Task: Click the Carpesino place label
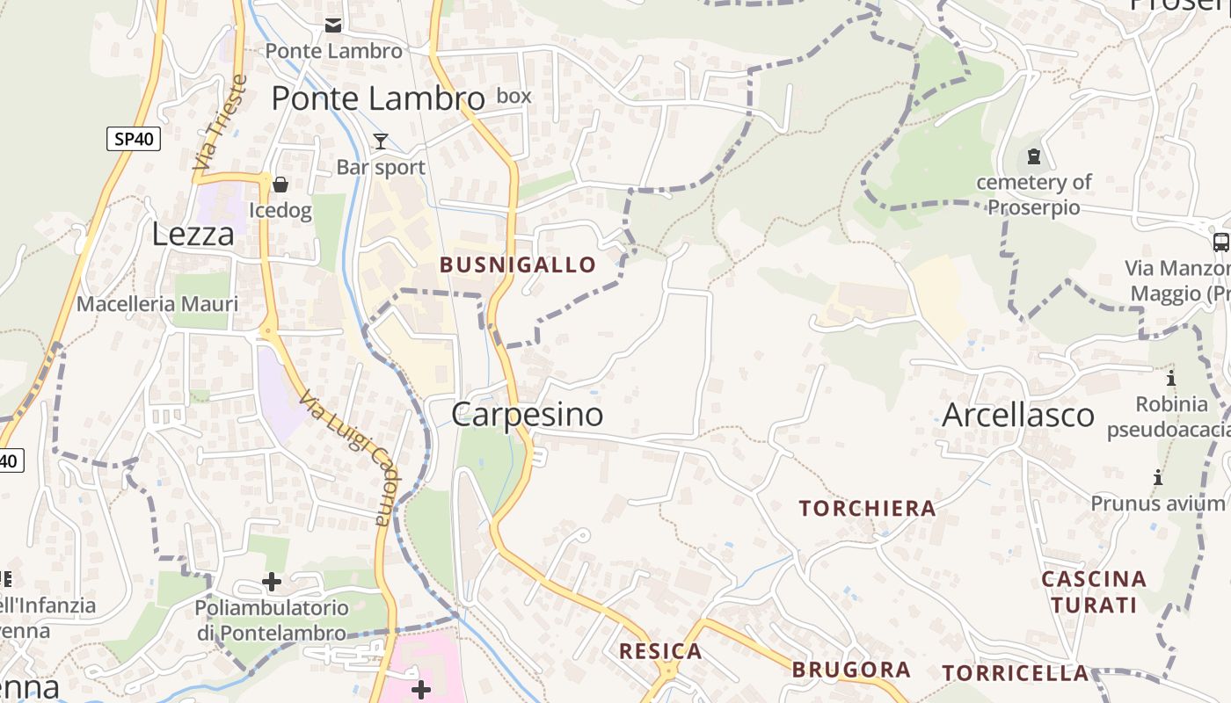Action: [528, 415]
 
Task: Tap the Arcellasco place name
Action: [1018, 415]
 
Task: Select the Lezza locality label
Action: [193, 234]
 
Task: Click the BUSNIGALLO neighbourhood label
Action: [518, 265]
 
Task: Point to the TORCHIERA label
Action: [867, 508]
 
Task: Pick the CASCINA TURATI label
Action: [1094, 591]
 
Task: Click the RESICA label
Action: [660, 651]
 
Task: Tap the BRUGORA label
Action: [851, 670]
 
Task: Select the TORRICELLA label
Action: [1016, 673]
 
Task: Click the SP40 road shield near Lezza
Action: [134, 138]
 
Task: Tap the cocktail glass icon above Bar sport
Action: [381, 141]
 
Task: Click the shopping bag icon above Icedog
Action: [280, 185]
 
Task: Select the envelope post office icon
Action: [333, 25]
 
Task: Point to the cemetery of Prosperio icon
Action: [1034, 157]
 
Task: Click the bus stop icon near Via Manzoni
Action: [1220, 243]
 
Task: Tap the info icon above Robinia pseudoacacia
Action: [1171, 379]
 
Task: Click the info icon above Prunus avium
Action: [1158, 478]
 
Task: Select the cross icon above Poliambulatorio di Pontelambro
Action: [272, 582]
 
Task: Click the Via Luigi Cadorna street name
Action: [345, 458]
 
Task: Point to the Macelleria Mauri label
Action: [157, 304]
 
